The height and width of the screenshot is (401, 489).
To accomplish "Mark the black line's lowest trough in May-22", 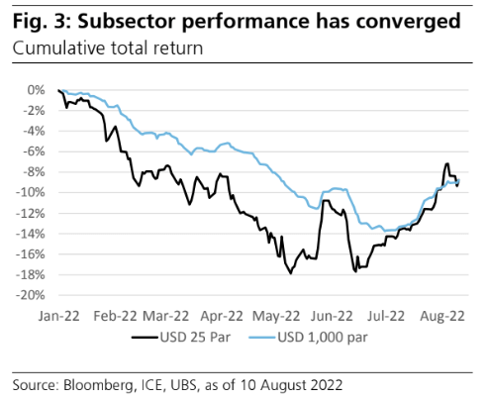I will (x=290, y=274).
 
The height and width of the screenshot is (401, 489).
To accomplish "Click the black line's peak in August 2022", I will (x=447, y=163).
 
